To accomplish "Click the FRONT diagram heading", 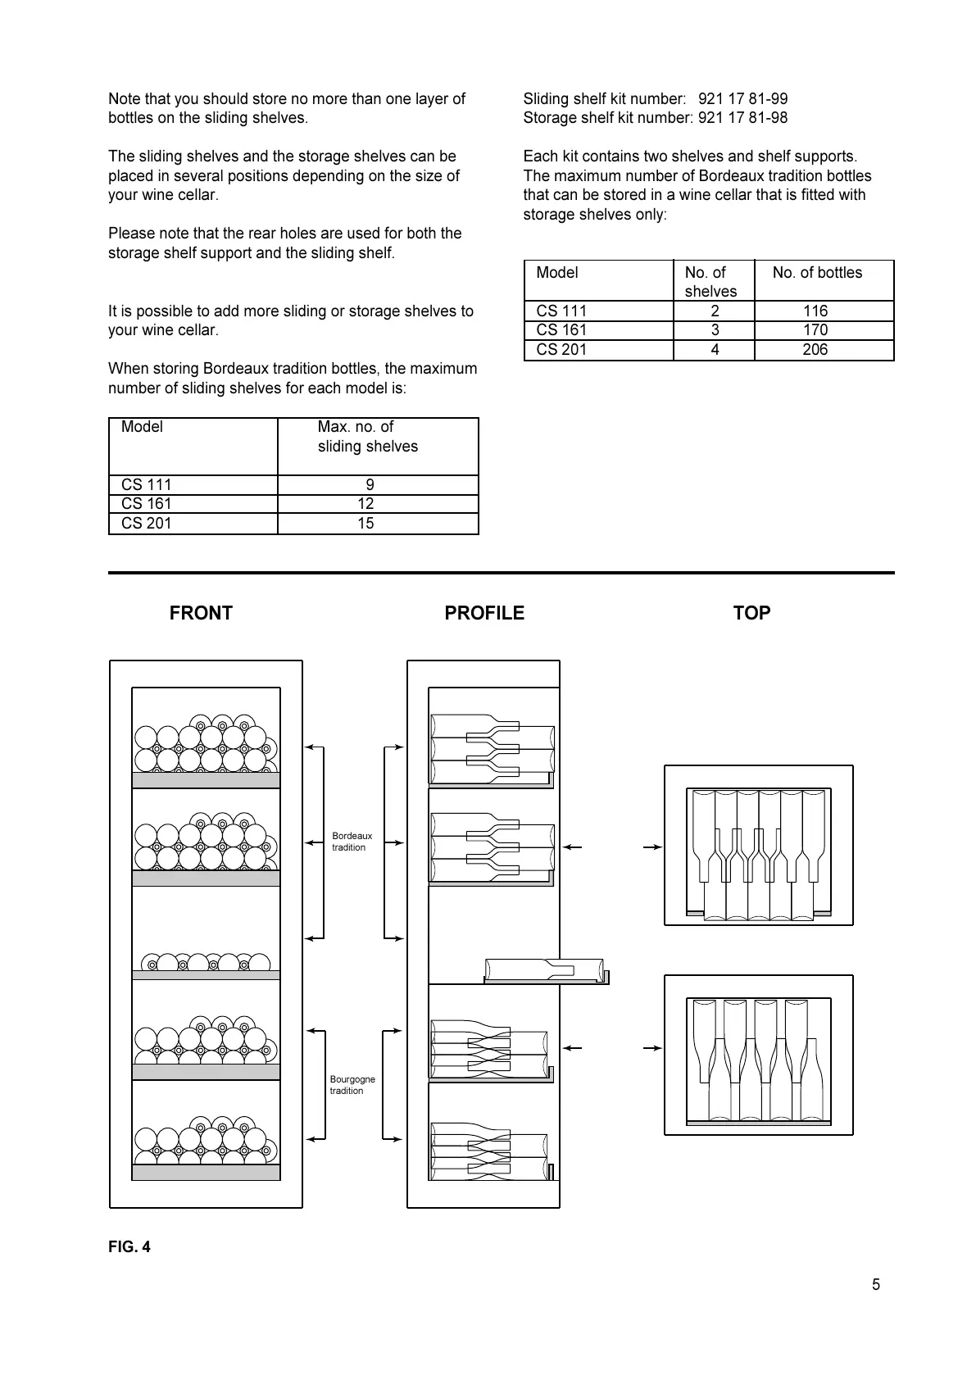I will [x=201, y=613].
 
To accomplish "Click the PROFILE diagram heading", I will [x=484, y=613].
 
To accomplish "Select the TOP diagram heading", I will [x=751, y=613].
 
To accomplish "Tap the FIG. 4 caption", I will [x=129, y=1247].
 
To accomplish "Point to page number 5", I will [x=876, y=1285].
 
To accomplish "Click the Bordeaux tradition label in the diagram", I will [x=352, y=842].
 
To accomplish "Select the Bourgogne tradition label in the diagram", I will [x=352, y=1085].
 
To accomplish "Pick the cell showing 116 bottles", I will [x=815, y=311].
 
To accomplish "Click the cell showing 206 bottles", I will [x=815, y=350].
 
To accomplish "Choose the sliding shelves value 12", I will [x=365, y=504].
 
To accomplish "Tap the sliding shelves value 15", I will [x=365, y=524].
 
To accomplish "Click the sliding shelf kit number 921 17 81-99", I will [x=742, y=99].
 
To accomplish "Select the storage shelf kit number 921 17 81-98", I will [x=742, y=118].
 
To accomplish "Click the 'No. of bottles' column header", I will [x=817, y=273].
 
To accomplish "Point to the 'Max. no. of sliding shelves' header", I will [x=367, y=437].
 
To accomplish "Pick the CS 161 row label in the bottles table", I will [x=561, y=330].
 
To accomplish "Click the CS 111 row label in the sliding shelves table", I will [x=147, y=485].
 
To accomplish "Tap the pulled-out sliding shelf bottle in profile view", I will [x=544, y=969].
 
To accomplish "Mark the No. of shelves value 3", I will [x=715, y=330].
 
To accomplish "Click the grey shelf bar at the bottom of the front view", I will [x=206, y=1173].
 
